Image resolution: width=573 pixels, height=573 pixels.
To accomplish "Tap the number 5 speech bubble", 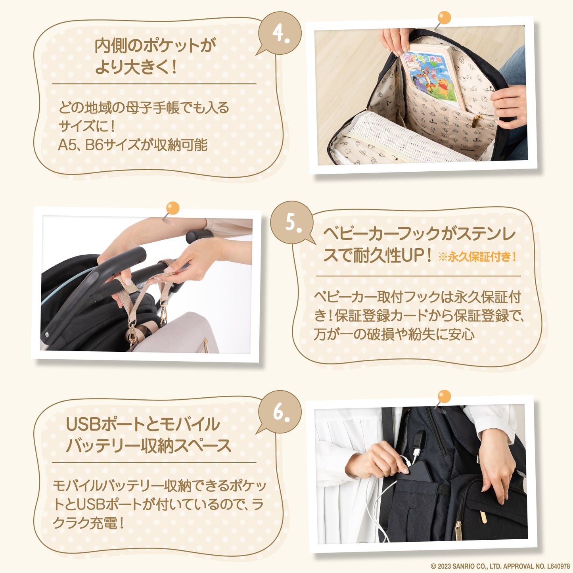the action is click(292, 222).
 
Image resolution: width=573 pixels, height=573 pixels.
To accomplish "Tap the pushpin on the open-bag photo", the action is click(444, 18).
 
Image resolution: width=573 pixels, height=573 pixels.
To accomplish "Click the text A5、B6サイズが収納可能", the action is click(133, 145).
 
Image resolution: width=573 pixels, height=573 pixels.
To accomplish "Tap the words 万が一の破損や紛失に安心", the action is click(394, 335).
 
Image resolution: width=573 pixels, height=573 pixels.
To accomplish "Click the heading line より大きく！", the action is click(136, 67).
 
